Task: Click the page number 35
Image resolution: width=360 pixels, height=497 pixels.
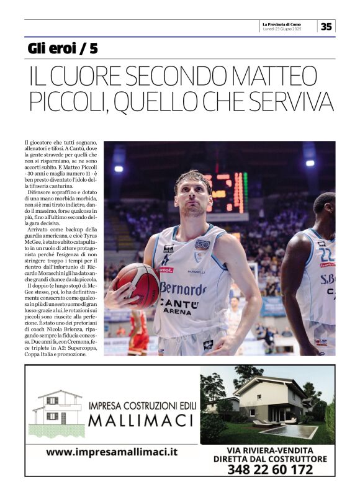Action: [326, 26]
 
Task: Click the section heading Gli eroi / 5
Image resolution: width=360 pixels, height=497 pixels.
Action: [63, 48]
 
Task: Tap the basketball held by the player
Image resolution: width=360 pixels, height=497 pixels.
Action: [137, 285]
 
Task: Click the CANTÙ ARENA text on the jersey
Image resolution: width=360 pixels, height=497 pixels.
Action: [179, 307]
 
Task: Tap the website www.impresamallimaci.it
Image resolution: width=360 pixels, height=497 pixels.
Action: [112, 452]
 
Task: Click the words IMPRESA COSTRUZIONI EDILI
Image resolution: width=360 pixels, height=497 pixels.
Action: [143, 406]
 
